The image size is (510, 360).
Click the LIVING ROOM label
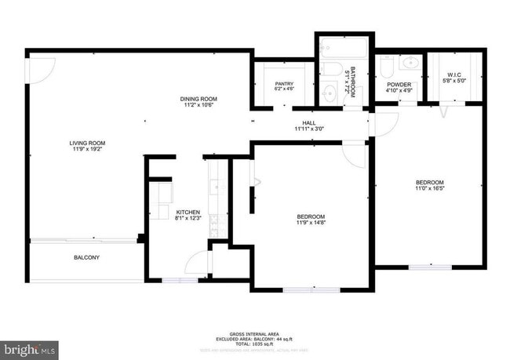pyautogui.click(x=87, y=143)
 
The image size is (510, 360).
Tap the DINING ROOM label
pyautogui.click(x=198, y=99)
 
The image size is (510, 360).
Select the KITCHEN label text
pyautogui.click(x=188, y=213)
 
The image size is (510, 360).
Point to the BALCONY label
pyautogui.click(x=86, y=256)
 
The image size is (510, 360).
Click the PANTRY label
pyautogui.click(x=283, y=83)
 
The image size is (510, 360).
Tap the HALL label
pyautogui.click(x=309, y=124)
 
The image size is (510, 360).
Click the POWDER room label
pyautogui.click(x=399, y=84)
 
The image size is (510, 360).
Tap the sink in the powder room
pyautogui.click(x=410, y=62)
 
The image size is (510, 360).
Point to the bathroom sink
pyautogui.click(x=329, y=94)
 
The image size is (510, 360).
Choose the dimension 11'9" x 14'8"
pyautogui.click(x=311, y=222)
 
